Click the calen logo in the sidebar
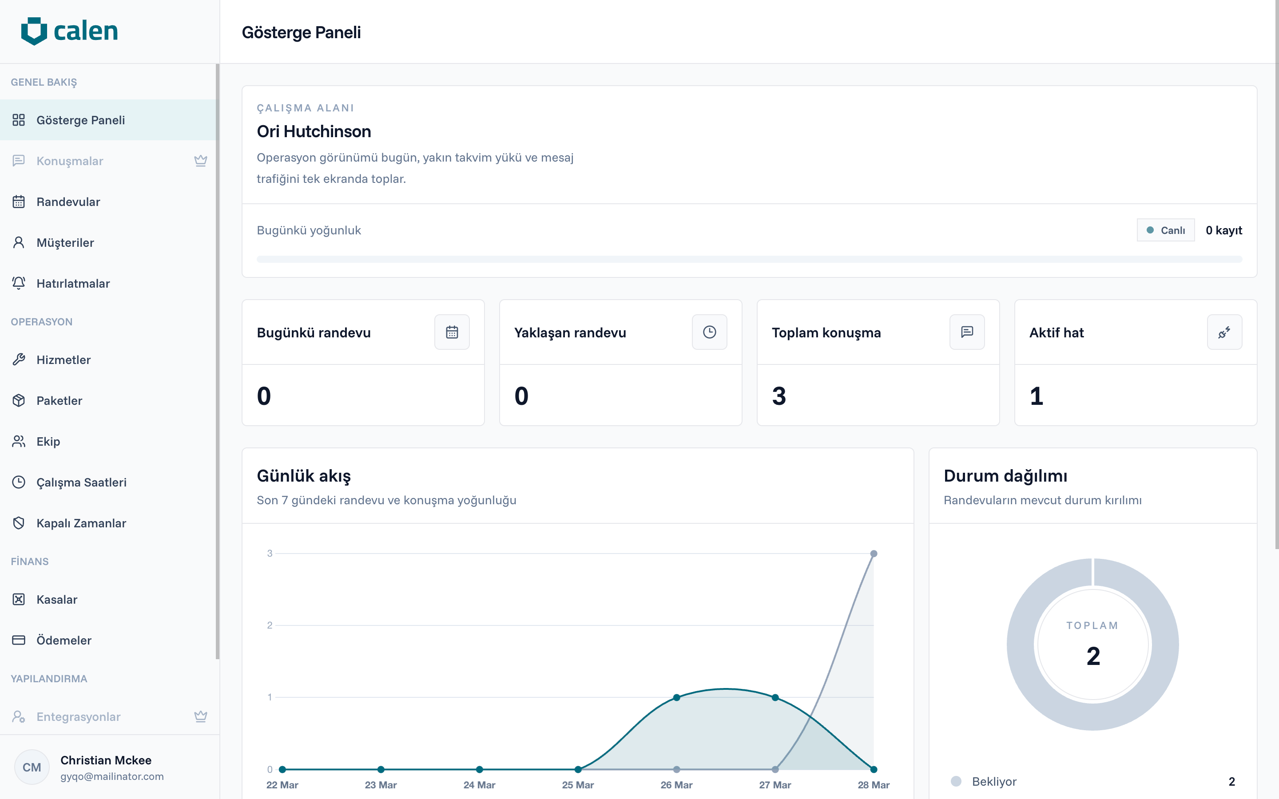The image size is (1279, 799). [x=69, y=31]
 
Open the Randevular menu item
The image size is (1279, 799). [x=68, y=202]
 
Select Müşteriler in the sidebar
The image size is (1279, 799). [x=65, y=242]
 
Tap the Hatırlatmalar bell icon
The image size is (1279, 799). [x=19, y=283]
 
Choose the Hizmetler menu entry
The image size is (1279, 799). [x=64, y=360]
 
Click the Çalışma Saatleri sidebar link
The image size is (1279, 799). [x=81, y=483]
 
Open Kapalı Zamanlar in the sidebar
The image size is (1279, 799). [x=81, y=523]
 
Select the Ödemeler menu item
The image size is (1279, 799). [x=64, y=641]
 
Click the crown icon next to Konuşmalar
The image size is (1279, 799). [x=200, y=161]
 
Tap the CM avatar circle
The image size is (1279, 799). [x=32, y=767]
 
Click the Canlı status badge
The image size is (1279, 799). [x=1165, y=230]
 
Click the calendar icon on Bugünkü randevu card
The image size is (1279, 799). [x=452, y=332]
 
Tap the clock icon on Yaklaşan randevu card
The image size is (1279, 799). [x=709, y=332]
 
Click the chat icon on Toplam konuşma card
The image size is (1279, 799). [x=967, y=332]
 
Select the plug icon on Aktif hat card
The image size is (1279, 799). [x=1224, y=332]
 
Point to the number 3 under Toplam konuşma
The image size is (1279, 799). [x=779, y=396]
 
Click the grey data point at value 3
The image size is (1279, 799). [x=874, y=554]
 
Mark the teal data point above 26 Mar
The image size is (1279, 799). [x=676, y=697]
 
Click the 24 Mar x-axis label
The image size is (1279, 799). [x=479, y=785]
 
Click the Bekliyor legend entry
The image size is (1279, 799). [x=993, y=782]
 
